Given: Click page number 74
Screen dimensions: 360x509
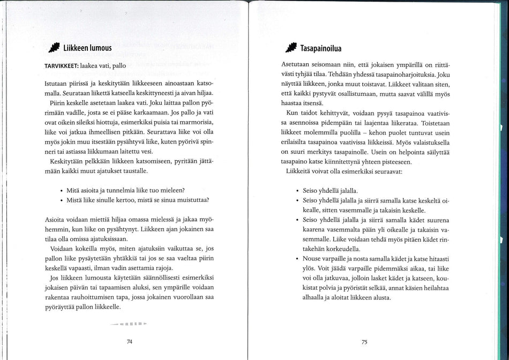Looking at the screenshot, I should point(129,341).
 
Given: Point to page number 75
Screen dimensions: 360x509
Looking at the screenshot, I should point(364,341).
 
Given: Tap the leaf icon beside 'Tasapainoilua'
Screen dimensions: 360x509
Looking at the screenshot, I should point(291,46).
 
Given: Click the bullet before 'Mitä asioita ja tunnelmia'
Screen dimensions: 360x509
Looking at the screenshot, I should point(62,190).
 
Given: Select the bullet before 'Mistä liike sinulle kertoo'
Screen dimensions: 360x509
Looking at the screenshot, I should point(62,200).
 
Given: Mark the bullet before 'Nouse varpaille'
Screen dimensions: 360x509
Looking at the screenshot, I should point(297,259).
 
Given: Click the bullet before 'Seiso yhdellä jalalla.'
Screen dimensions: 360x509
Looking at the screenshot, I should point(297,191).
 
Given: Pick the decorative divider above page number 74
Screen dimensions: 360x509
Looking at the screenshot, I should point(129,325).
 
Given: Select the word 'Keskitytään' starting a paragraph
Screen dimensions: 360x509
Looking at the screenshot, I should point(67,161).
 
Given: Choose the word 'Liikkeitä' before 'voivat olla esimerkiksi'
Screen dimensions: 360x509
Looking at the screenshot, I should point(302,171).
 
